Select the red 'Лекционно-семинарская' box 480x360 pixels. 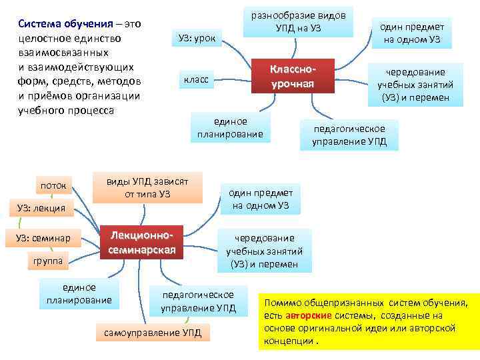click(141, 243)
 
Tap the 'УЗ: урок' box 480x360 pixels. click(197, 39)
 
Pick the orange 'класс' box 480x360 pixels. click(195, 80)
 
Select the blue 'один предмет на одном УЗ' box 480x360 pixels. click(260, 199)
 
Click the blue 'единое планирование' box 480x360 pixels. click(79, 294)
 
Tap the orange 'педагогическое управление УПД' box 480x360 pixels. click(350, 135)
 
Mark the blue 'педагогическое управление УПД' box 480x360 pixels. click(198, 301)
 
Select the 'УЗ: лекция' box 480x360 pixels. click(41, 209)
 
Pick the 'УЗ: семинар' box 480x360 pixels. click(43, 238)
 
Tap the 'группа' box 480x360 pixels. click(47, 261)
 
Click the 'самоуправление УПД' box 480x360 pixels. click(153, 332)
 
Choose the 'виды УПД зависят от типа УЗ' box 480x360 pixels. click(147, 188)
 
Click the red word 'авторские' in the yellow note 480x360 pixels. click(307, 315)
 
